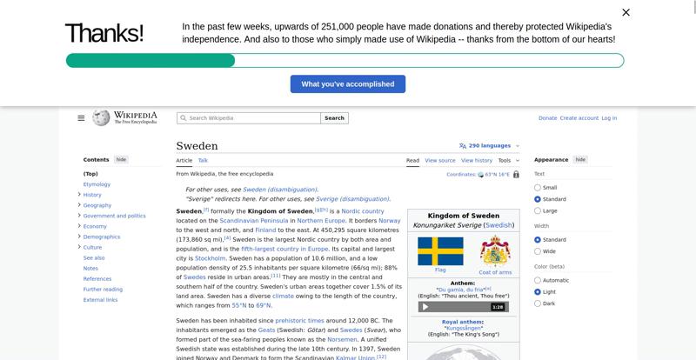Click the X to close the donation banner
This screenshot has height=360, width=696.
click(626, 12)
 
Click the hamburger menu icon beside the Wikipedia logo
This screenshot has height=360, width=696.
click(81, 117)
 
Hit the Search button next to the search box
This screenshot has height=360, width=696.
click(335, 117)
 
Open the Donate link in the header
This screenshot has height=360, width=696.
click(547, 117)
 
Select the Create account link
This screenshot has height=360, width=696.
click(579, 117)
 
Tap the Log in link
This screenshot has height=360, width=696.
click(609, 117)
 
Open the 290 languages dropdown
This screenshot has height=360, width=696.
click(489, 145)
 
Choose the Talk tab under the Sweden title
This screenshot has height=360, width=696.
click(203, 160)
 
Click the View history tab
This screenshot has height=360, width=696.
click(477, 160)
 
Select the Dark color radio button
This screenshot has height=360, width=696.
click(538, 303)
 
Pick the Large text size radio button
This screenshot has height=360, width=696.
click(538, 210)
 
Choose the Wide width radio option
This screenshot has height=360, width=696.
click(538, 251)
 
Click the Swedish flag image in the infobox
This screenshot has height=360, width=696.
click(440, 251)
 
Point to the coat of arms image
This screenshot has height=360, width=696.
click(495, 251)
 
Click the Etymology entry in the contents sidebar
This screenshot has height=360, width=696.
click(97, 184)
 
